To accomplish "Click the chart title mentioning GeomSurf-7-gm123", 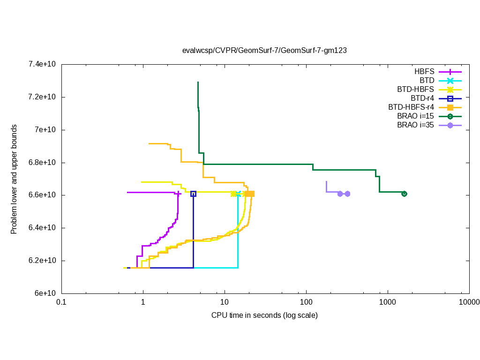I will tap(264, 50).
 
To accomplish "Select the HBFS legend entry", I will tap(424, 72).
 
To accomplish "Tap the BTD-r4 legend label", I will tap(422, 98).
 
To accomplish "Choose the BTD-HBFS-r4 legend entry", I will tap(411, 107).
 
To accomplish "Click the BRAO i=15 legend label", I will tap(415, 116).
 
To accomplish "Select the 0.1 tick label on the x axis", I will tap(61, 302).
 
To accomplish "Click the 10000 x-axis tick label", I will tap(469, 302).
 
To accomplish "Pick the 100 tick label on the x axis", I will tap(306, 302).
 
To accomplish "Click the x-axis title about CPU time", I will tap(264, 315).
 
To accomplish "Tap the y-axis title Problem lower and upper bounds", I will tap(14, 179).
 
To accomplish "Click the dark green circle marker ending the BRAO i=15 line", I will tap(404, 194).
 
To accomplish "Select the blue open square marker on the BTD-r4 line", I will tap(193, 194).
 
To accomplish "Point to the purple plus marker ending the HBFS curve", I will tap(178, 193).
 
